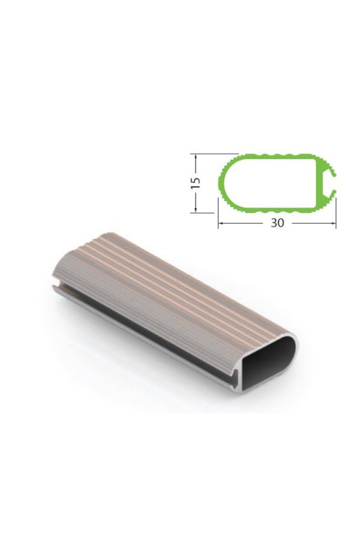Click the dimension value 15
tap(196, 182)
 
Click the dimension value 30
tap(277, 223)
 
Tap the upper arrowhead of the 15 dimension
tap(196, 157)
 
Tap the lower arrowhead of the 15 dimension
tap(196, 209)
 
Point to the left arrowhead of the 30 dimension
tap(221, 223)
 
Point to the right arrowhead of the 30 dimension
tap(332, 223)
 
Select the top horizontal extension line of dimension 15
tap(215, 154)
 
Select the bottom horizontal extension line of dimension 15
tap(203, 212)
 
